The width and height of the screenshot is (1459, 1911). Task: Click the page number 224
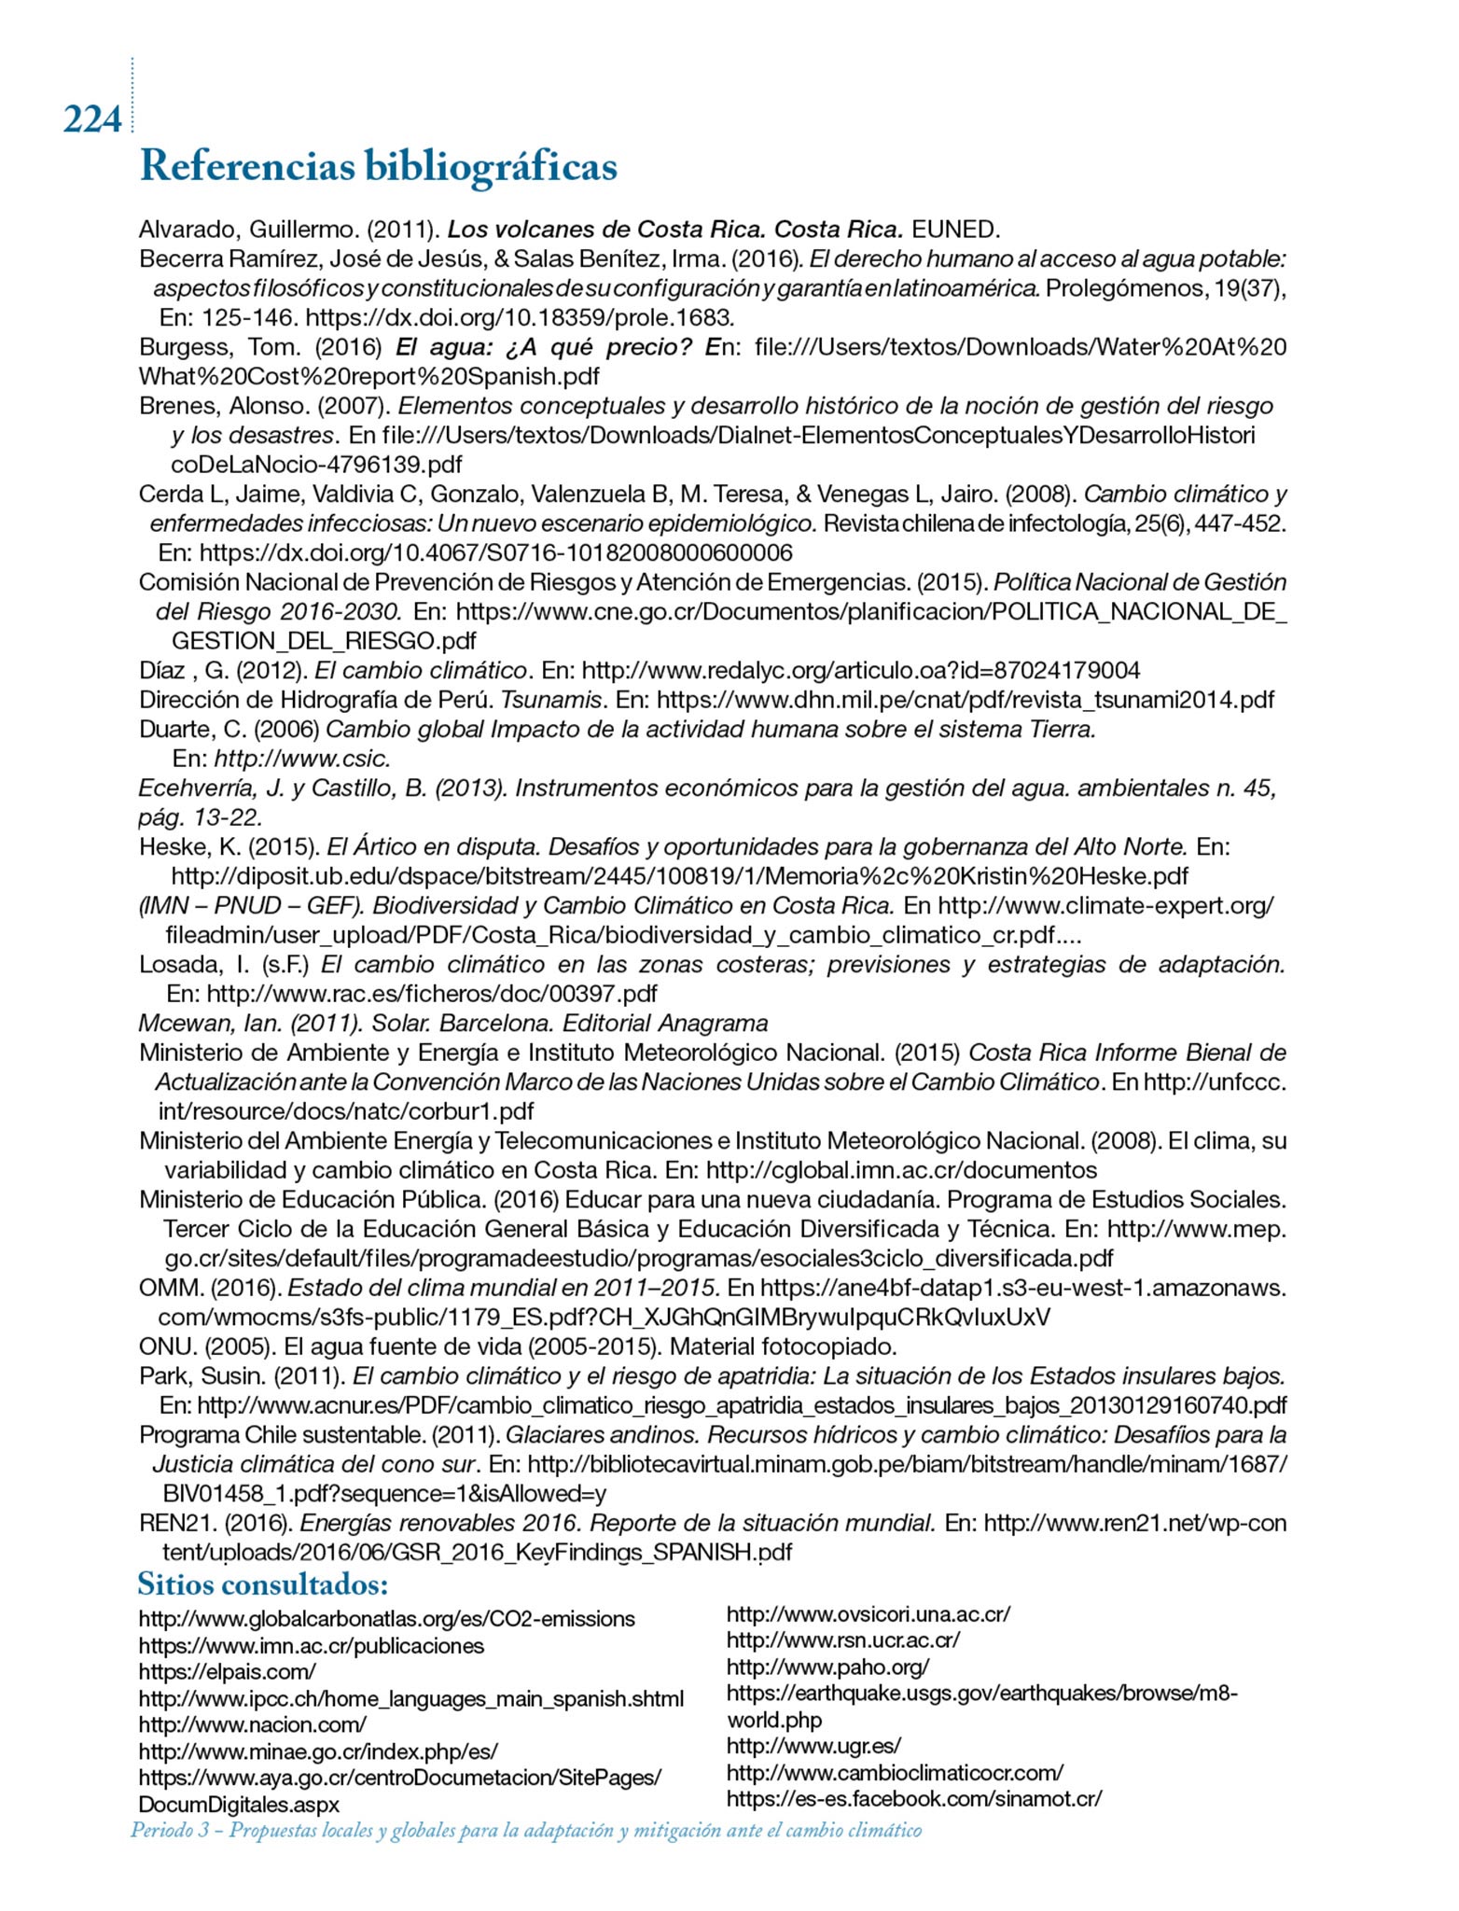92,119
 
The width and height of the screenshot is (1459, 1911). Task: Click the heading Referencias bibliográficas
377,168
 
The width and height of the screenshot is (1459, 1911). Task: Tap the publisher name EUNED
955,230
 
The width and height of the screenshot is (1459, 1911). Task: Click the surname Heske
170,847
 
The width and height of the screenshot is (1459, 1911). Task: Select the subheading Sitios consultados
263,1584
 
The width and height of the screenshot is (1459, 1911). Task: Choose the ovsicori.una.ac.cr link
868,1614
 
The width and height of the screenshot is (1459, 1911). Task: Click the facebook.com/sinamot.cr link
913,1798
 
